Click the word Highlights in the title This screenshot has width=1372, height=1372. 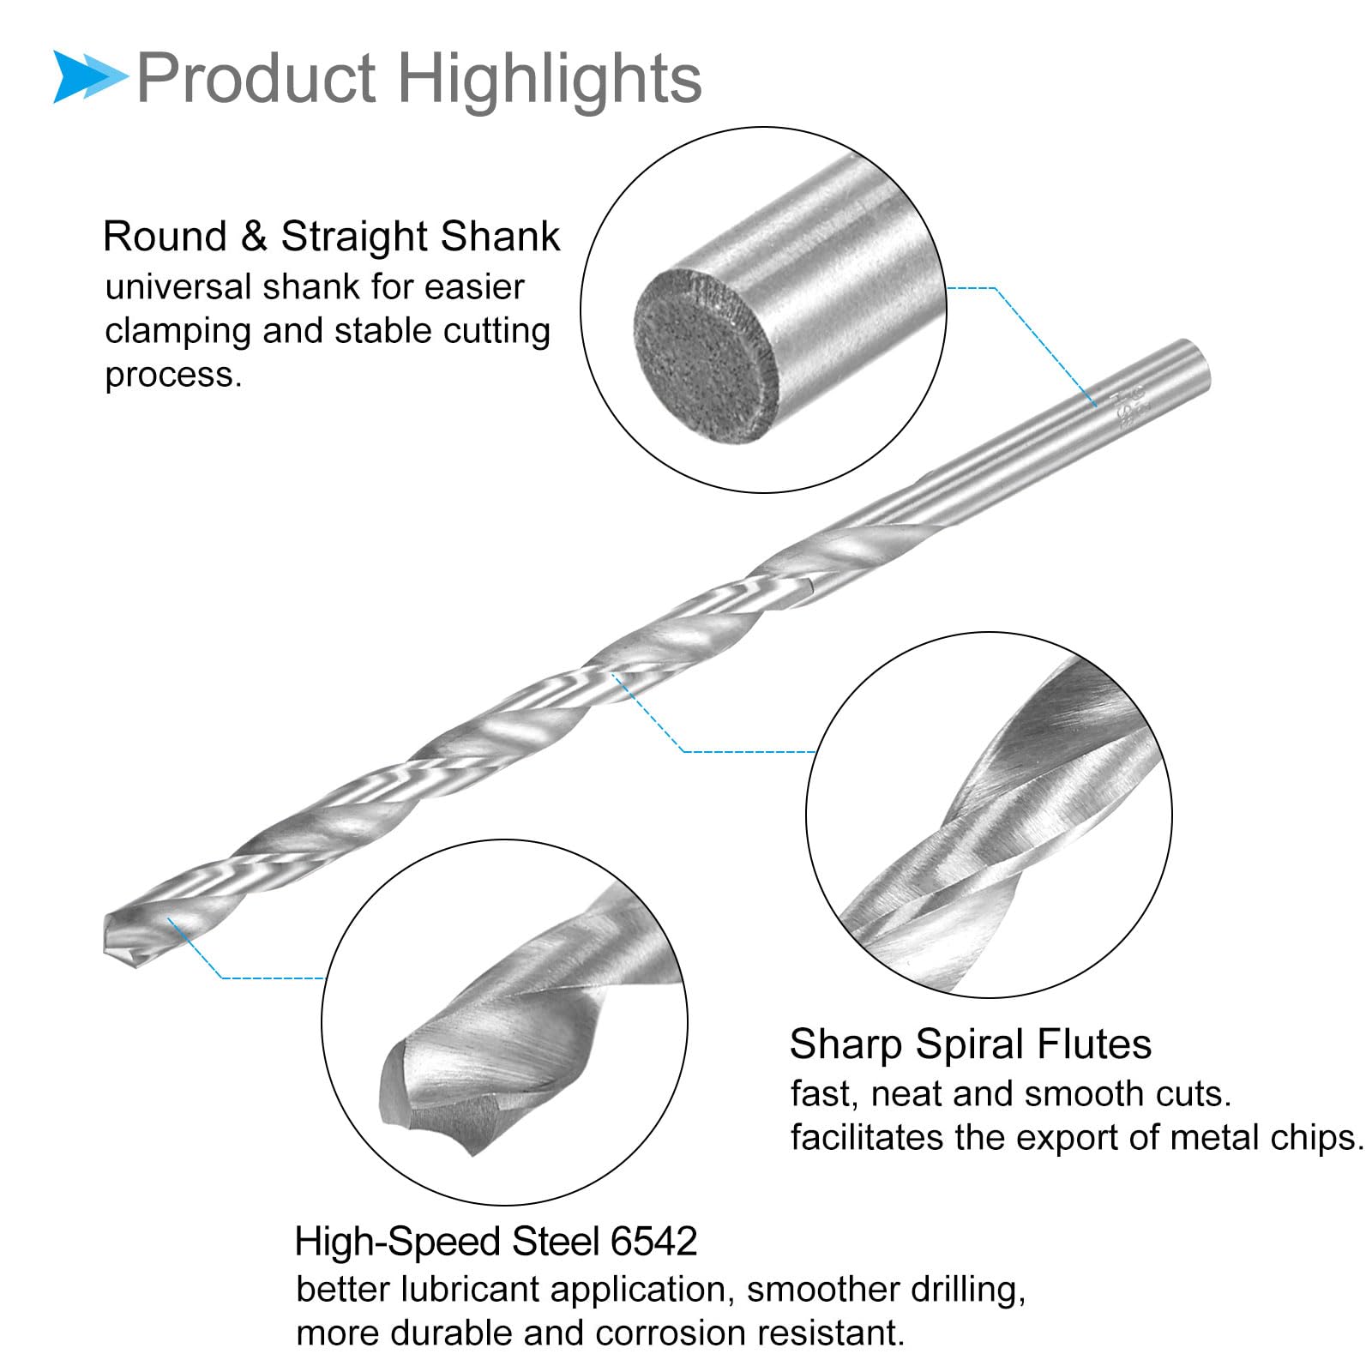550,79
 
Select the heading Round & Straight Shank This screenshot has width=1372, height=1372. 331,237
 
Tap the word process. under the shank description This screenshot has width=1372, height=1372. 174,376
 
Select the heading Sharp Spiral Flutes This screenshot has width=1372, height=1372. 971,1044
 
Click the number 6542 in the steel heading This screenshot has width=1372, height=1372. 653,1242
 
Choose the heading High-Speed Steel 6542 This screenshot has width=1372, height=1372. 496,1242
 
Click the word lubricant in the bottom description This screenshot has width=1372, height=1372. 483,1290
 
